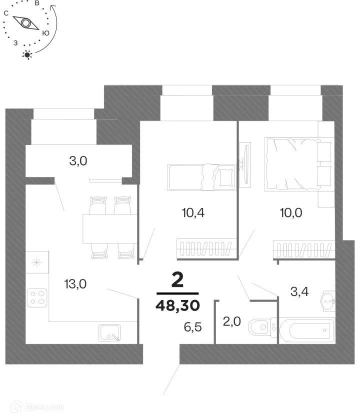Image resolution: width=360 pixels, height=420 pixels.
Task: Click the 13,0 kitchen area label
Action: click(x=75, y=283)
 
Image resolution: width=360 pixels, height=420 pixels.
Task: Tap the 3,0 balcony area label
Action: click(x=78, y=161)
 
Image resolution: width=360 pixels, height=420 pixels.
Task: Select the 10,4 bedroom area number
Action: click(x=193, y=212)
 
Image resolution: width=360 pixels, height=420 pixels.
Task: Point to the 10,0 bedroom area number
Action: click(x=291, y=212)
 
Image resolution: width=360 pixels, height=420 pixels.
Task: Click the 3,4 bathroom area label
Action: click(x=299, y=291)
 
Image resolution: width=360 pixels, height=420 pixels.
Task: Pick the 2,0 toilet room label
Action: click(x=232, y=321)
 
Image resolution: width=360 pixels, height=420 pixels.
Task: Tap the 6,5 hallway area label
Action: click(x=193, y=327)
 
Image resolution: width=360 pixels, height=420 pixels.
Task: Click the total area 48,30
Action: click(x=178, y=305)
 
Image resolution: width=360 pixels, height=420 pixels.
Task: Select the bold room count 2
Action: click(x=177, y=279)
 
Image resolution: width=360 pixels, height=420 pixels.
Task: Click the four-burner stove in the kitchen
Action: click(x=37, y=297)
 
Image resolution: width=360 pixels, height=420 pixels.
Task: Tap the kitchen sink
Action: click(x=109, y=332)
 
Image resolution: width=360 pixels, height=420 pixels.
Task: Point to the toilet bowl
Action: click(x=262, y=327)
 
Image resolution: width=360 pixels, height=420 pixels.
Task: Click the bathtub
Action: click(x=307, y=330)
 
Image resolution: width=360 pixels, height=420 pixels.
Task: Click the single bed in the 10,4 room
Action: click(x=201, y=177)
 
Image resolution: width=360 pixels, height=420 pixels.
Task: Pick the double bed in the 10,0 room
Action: click(x=299, y=164)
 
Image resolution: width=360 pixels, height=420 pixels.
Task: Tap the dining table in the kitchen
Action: click(x=110, y=229)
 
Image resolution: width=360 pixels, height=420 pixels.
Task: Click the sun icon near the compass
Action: click(x=27, y=55)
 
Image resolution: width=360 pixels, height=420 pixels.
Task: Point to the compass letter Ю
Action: click(x=46, y=33)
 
